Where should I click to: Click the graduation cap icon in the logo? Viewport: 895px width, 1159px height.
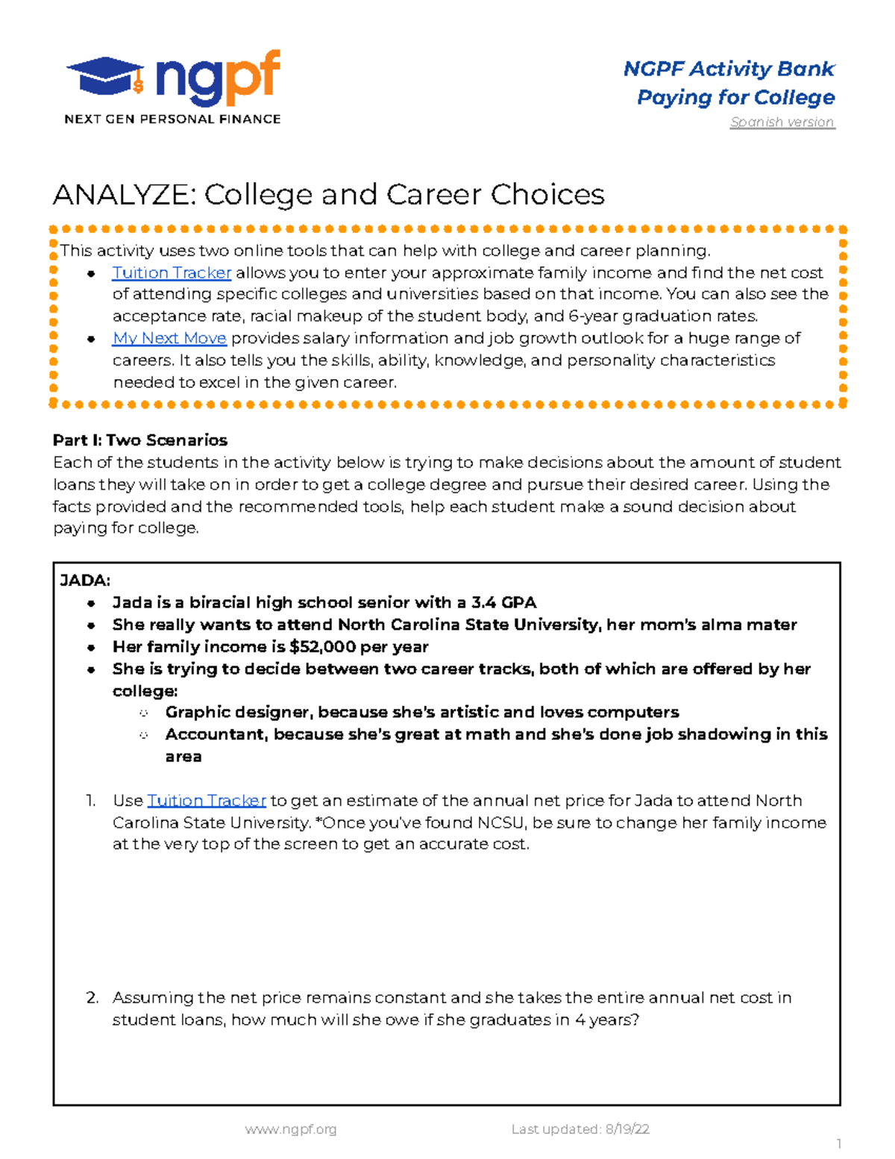[x=104, y=77]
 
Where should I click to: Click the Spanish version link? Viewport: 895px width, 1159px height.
[x=782, y=122]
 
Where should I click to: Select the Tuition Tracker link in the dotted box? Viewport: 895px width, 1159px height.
[x=172, y=273]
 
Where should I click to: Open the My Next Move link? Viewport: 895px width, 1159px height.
[x=169, y=338]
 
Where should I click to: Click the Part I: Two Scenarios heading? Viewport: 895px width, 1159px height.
[x=139, y=440]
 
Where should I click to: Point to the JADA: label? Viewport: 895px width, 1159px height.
[x=85, y=581]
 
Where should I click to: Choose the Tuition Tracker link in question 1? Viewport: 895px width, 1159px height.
[x=207, y=801]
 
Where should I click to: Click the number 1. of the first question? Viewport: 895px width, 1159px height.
[x=90, y=801]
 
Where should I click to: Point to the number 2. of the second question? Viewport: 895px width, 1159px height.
[x=92, y=998]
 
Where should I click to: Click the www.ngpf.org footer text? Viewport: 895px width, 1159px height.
[x=291, y=1129]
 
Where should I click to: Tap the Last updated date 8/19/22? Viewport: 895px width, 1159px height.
[x=626, y=1129]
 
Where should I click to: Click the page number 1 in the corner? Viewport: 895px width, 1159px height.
[x=838, y=1144]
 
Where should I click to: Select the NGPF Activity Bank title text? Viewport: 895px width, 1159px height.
[x=728, y=69]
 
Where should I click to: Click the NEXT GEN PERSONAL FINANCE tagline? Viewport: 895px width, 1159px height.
[x=172, y=119]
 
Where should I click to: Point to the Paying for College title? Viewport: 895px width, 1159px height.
[x=735, y=98]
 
